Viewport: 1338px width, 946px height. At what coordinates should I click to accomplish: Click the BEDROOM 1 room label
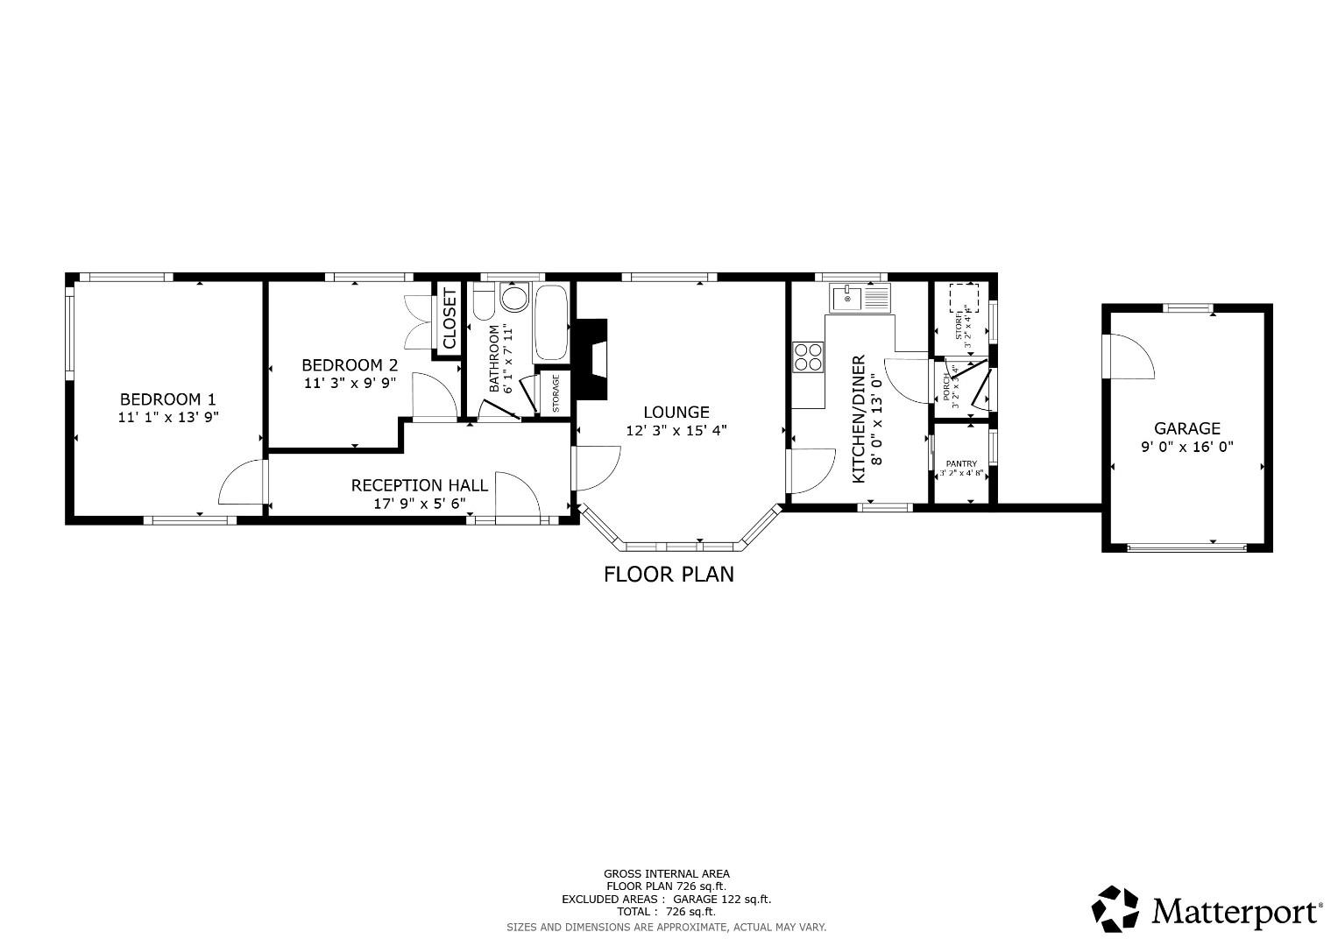pos(167,399)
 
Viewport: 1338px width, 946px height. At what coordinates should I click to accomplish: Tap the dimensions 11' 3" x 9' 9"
pos(350,383)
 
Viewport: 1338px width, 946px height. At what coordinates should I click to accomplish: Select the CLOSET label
pos(449,318)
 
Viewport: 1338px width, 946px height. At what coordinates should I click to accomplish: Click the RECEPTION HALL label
pos(419,485)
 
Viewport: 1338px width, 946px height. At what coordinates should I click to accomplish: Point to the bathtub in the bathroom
pos(551,321)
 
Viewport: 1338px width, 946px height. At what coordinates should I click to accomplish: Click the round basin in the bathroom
pos(515,299)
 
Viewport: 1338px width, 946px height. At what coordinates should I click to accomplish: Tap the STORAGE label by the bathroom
pos(556,394)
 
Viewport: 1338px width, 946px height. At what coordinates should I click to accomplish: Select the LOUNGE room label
pos(676,412)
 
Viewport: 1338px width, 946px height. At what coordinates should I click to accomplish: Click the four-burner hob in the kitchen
pos(808,357)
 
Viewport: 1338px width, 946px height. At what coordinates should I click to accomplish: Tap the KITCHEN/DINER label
pos(859,419)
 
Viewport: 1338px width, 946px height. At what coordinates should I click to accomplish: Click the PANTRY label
pos(960,464)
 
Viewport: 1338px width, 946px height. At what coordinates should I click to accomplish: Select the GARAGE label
pos(1186,428)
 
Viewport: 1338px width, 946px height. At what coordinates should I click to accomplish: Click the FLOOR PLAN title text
pos(669,575)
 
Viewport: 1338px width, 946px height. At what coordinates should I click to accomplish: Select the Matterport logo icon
pos(1115,908)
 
